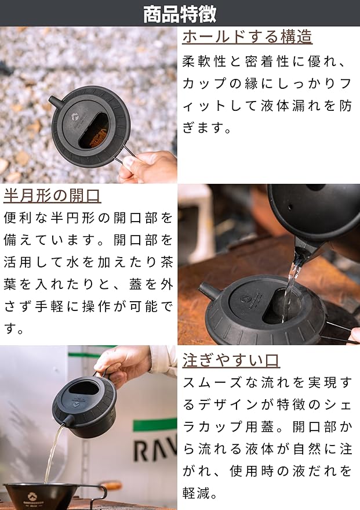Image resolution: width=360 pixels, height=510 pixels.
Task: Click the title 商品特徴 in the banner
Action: (180, 13)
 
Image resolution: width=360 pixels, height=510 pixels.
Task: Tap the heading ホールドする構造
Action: (247, 36)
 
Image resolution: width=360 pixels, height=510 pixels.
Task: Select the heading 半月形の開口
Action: (52, 196)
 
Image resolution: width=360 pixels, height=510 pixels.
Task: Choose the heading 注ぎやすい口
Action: (231, 360)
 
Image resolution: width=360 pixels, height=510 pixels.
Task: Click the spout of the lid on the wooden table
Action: (208, 290)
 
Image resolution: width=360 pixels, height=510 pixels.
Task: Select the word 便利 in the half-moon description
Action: (19, 218)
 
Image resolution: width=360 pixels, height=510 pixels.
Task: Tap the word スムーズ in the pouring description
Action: (212, 382)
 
